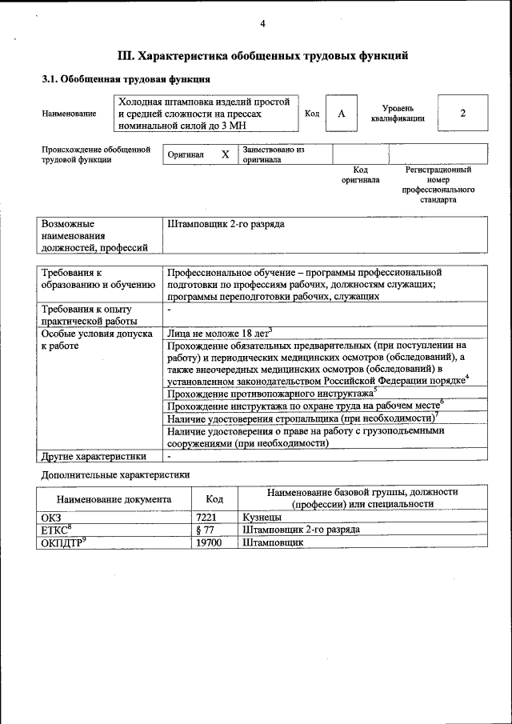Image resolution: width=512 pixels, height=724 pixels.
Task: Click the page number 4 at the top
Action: (262, 23)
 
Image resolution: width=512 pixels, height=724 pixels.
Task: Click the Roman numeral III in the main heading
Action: (126, 56)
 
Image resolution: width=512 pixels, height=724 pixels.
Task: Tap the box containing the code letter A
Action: (341, 114)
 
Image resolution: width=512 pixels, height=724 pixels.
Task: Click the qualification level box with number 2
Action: (462, 113)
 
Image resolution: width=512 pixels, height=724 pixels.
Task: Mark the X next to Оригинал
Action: (225, 154)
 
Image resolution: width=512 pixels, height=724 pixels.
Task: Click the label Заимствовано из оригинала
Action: (274, 154)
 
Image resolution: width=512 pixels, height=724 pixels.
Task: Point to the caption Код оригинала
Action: (360, 174)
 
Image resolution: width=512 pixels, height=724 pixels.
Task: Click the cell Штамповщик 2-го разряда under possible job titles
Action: (226, 225)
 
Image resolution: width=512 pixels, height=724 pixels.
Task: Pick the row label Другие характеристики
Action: (94, 457)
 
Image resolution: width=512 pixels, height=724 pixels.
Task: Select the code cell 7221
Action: (206, 518)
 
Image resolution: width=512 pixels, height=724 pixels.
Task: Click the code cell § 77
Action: (206, 530)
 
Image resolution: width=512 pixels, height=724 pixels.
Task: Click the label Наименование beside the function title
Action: (69, 114)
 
